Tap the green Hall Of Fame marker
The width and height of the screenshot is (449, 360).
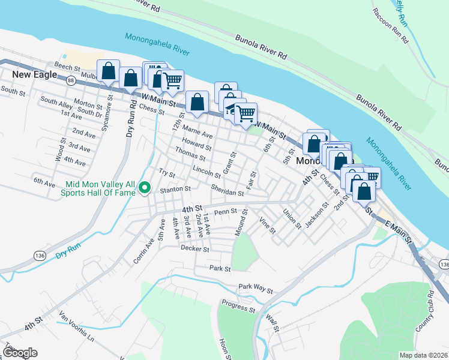pyautogui.click(x=144, y=188)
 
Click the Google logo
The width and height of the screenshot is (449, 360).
pyautogui.click(x=20, y=353)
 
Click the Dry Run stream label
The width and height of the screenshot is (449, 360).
pyautogui.click(x=68, y=255)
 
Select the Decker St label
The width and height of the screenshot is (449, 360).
pyautogui.click(x=194, y=248)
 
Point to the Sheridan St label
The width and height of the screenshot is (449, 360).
pyautogui.click(x=227, y=190)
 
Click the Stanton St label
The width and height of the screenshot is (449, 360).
pyautogui.click(x=175, y=189)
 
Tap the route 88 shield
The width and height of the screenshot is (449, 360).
pyautogui.click(x=71, y=80)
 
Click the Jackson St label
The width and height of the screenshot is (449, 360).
pyautogui.click(x=316, y=215)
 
